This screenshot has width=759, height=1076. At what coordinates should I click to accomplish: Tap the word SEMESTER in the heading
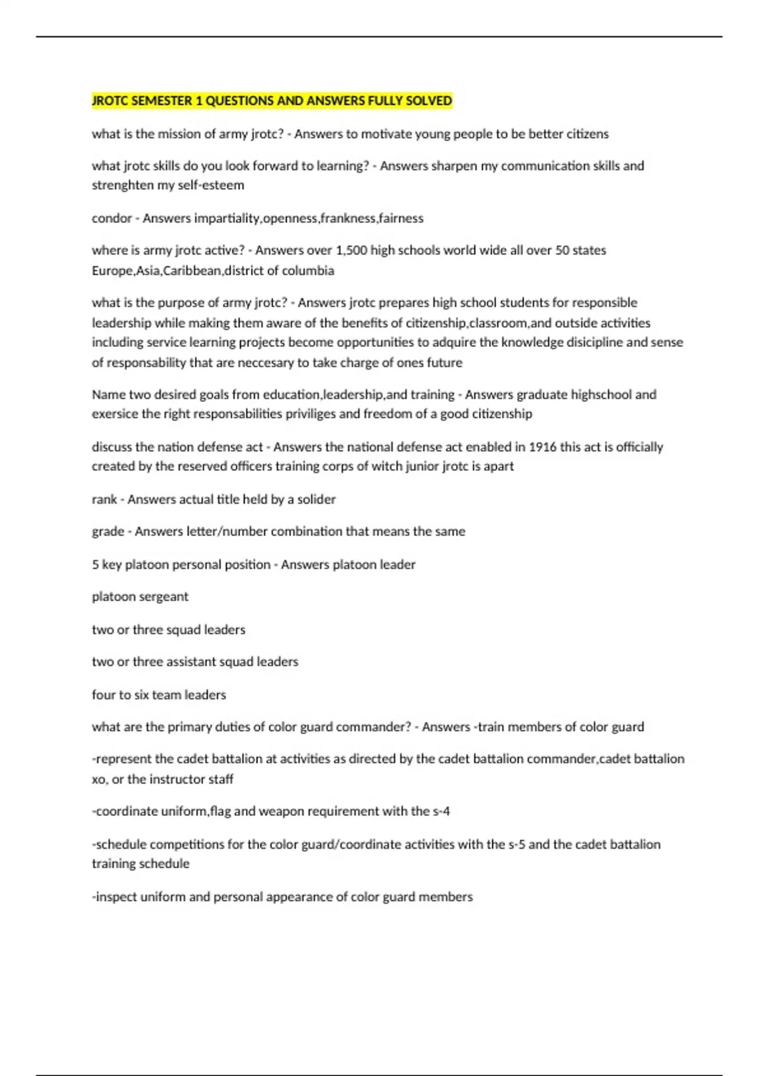tap(163, 101)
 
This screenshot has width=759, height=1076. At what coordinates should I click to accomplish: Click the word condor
tap(111, 218)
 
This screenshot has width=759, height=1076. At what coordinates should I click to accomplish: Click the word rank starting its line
tap(104, 499)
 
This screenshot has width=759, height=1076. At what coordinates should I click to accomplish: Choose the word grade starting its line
tap(108, 532)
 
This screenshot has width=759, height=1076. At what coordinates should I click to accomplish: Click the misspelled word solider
tap(316, 499)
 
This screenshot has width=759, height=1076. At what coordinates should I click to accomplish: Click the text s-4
tap(441, 811)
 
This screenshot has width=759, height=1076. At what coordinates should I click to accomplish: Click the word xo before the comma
tap(99, 779)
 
